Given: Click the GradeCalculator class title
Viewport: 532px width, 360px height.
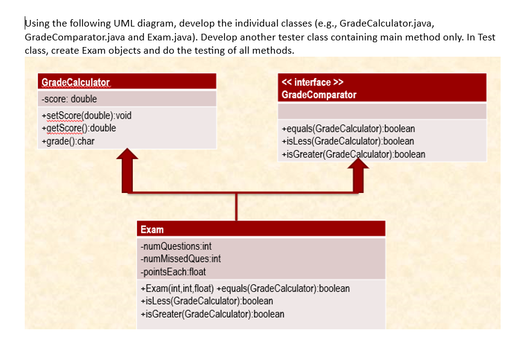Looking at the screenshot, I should coord(75,82).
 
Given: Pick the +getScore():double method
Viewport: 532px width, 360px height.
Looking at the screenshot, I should coord(78,128).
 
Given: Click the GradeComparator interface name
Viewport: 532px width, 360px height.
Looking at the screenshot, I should coord(318,95).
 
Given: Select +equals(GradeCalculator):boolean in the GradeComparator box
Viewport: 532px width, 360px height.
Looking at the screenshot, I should coord(348,129).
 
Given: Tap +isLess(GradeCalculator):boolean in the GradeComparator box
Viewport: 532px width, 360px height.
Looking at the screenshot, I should coord(347,141).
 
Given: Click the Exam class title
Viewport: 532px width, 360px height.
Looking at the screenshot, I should coord(151,229).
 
